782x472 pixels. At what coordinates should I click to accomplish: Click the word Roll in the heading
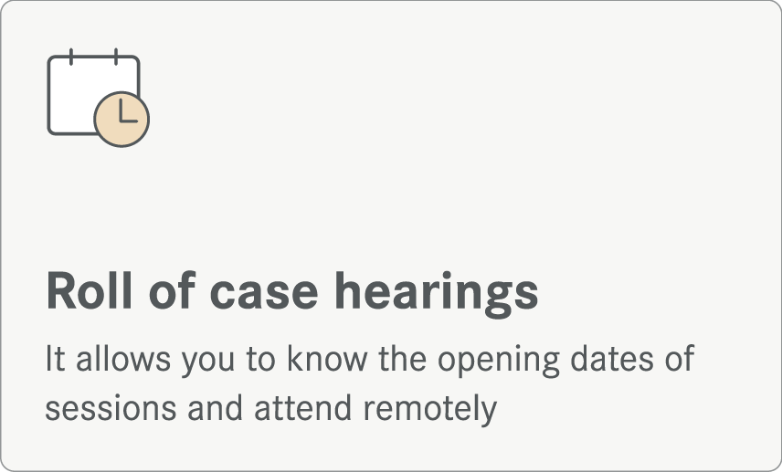tap(90, 290)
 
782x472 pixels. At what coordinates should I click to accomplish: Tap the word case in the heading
tap(264, 296)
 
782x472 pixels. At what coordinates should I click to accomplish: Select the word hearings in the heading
tap(437, 294)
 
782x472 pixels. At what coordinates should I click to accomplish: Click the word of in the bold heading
tap(172, 290)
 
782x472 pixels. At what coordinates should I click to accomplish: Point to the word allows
tap(122, 358)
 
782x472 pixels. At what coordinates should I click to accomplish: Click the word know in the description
tap(327, 358)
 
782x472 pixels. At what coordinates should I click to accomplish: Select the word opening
tap(499, 361)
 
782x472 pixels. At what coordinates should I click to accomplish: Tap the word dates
tap(611, 358)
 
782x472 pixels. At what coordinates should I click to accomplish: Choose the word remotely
tap(430, 411)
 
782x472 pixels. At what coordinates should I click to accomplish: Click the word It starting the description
tap(55, 358)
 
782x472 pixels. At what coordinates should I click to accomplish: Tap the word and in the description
tap(215, 408)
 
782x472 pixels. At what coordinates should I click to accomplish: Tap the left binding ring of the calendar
tap(71, 57)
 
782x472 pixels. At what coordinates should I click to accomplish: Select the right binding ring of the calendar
tap(116, 57)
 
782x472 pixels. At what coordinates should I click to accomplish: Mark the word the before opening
tap(403, 358)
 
